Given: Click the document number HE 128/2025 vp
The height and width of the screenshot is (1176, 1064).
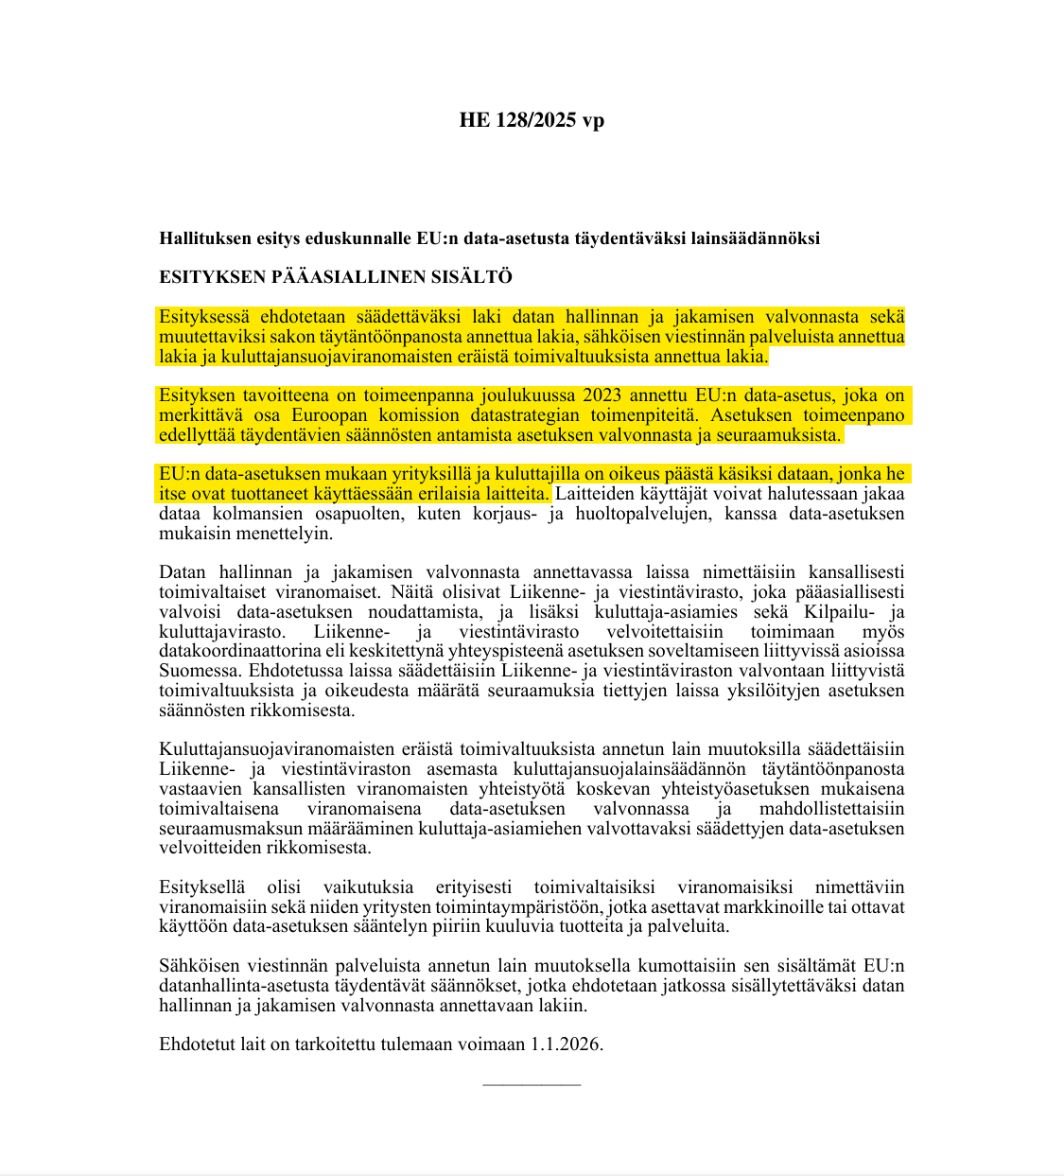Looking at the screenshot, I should [x=532, y=120].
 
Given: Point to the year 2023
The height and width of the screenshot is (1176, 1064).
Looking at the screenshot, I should [x=602, y=395].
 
